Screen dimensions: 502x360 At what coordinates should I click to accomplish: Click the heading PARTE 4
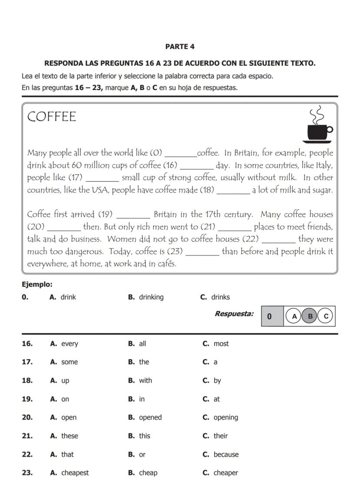180,47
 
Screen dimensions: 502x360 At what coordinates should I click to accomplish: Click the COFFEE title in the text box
51,117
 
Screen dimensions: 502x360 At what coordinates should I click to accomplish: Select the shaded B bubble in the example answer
310,316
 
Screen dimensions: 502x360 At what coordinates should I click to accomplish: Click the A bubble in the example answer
294,316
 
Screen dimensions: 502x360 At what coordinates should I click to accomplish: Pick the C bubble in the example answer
325,316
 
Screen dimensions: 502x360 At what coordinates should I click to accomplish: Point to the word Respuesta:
234,314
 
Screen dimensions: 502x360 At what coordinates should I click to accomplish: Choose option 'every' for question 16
69,344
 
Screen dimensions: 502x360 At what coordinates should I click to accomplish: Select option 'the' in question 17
143,362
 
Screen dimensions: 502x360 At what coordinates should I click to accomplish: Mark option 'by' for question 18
217,381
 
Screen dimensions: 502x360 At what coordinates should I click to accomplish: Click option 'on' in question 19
65,399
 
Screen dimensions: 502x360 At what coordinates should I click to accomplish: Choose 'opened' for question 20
150,418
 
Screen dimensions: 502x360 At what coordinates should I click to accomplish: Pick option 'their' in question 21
220,436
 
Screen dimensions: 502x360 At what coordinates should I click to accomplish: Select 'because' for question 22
226,455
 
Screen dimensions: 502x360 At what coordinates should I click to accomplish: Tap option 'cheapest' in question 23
74,473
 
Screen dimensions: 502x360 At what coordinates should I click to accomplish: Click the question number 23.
27,473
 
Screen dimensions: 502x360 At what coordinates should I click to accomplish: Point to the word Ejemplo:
37,284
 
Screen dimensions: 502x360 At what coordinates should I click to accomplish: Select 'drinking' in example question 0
151,297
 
